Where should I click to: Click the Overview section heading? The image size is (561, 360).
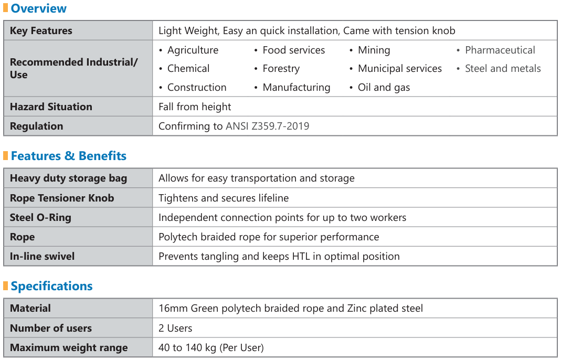38,8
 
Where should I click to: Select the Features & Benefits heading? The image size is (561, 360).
68,156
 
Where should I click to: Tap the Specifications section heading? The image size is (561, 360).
51,286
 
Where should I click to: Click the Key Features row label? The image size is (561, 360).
41,30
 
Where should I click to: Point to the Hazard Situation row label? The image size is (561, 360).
51,107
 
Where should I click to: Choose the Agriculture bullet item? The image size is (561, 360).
193,50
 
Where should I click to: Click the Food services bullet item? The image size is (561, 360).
293,50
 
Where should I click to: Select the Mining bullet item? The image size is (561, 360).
374,50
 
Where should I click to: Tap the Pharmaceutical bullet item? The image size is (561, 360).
500,50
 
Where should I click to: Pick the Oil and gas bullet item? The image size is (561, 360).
384,87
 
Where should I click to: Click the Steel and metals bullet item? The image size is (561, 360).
502,68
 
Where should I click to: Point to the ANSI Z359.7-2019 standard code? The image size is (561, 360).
267,126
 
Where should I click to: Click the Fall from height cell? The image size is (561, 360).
195,107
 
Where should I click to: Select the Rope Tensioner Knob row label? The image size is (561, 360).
62,198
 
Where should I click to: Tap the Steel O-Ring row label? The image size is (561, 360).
40,217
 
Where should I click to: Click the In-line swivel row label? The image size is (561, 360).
42,256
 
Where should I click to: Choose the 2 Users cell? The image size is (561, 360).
175,328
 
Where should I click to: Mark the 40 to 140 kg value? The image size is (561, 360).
211,347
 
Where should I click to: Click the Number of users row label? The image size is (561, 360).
51,328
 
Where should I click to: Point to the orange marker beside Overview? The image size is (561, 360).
6,8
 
